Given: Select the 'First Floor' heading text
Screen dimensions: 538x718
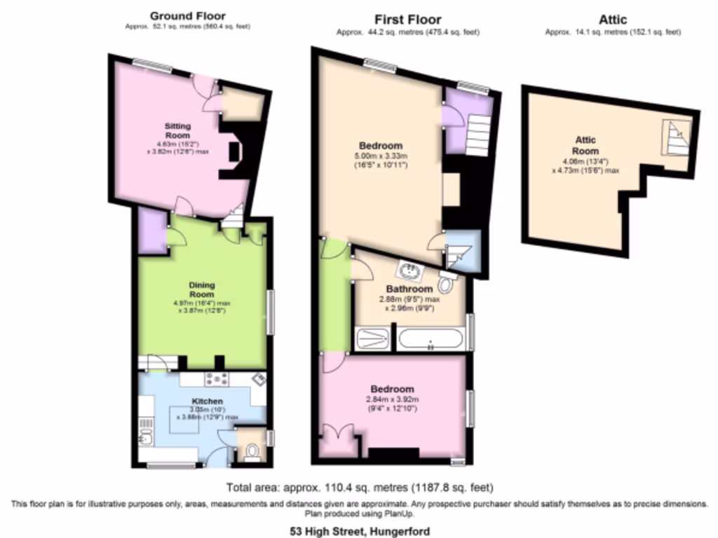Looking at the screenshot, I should coord(407,20).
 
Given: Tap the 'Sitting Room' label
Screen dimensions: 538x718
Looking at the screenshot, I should coord(177,130).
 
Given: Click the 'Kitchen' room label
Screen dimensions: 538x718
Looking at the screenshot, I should coord(207,401).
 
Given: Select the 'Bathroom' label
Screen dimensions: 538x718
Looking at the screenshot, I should coord(409,289).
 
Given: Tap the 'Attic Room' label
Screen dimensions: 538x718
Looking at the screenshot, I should coord(585,146).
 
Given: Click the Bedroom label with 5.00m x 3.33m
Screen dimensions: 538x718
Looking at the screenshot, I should coord(381,146).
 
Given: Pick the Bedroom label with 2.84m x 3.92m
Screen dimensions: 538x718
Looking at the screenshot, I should coord(392,389).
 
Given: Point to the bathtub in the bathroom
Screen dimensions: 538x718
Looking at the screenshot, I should coord(431,340).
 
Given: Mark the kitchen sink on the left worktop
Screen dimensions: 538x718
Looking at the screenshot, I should coord(146,438).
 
